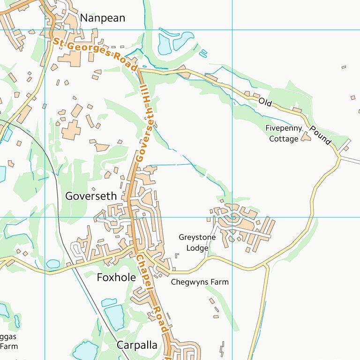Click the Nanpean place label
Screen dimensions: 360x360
(103, 18)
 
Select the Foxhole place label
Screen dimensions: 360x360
(116, 277)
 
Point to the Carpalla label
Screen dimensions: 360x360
(137, 345)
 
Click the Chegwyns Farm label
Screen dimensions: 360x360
(200, 282)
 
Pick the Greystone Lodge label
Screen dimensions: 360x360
(197, 243)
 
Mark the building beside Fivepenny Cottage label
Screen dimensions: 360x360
(306, 136)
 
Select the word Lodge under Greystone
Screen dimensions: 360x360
(197, 248)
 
